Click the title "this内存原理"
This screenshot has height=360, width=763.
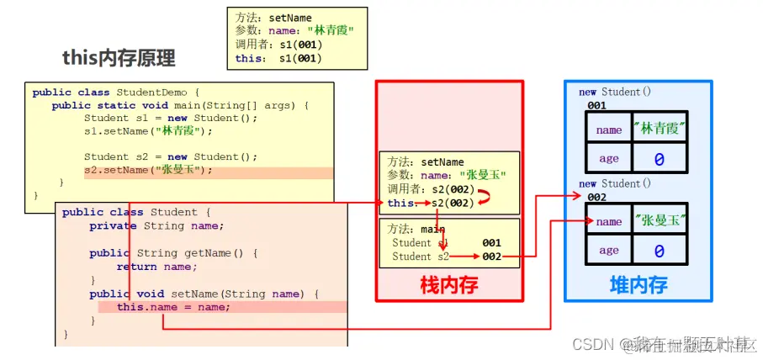coord(119,58)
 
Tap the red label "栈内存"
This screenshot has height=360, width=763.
coord(449,284)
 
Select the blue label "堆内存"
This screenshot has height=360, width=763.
coord(638,284)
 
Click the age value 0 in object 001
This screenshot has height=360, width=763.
coord(660,158)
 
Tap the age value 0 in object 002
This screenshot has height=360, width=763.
coord(660,251)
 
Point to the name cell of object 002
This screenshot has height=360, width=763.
coord(608,221)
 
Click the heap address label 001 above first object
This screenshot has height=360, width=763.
coord(596,106)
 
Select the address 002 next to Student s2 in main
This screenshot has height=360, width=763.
coord(491,257)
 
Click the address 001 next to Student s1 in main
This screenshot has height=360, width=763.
coord(491,243)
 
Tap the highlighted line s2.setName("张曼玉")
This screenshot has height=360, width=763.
coord(148,170)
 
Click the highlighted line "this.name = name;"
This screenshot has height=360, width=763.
coord(173,307)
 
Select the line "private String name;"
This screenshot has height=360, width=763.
coord(156,226)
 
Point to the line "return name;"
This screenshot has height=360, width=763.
coord(156,267)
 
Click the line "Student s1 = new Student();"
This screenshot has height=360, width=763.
coord(158,118)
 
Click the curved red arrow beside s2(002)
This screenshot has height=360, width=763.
coord(485,196)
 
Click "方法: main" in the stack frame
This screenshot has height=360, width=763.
coord(416,229)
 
